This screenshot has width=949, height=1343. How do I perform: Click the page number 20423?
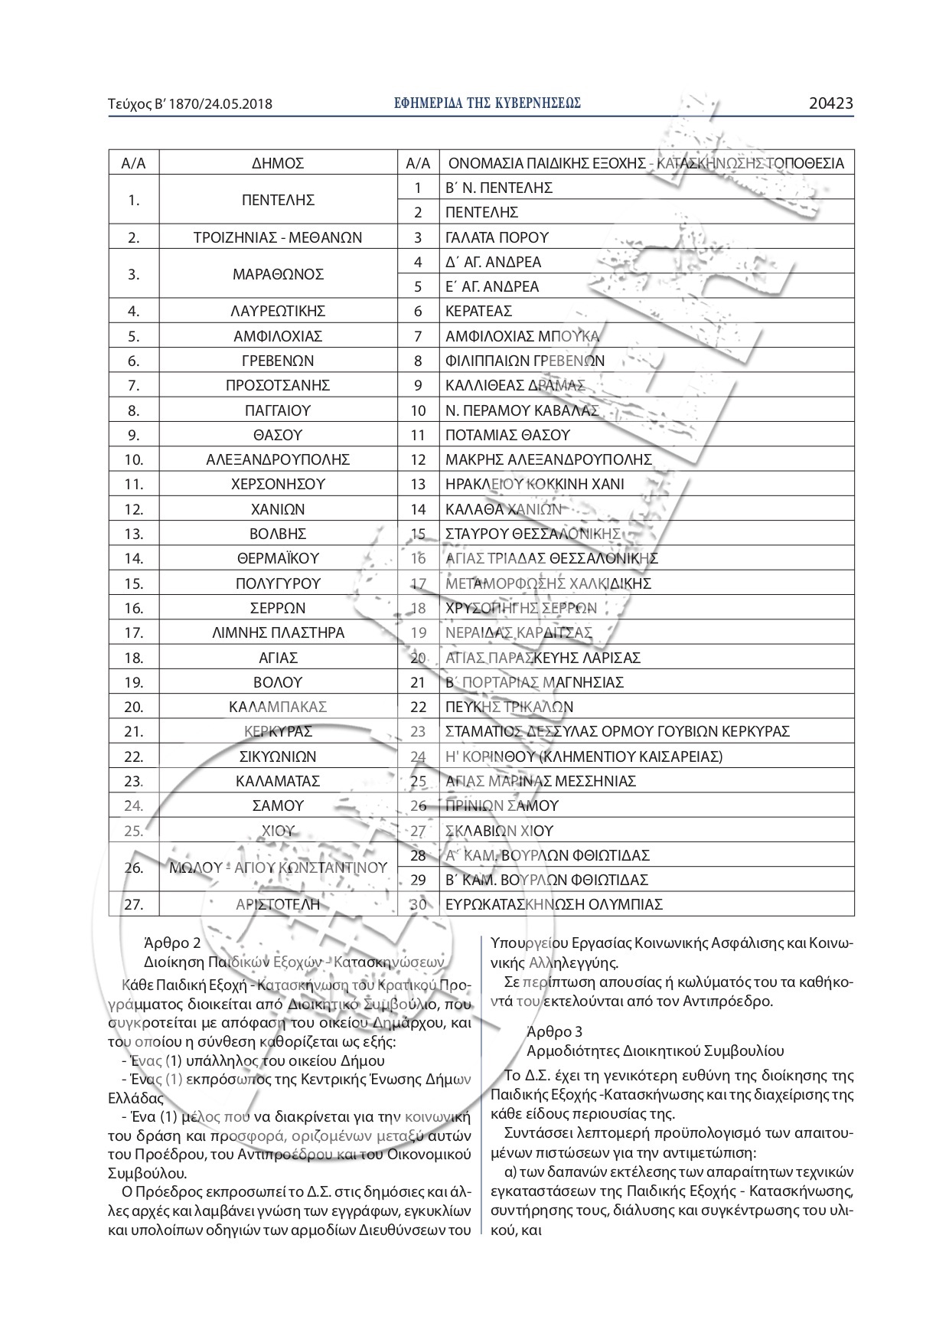830,103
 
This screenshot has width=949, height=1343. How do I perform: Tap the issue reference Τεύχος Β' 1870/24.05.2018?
191,104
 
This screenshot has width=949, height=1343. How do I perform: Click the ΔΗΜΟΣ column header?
278,163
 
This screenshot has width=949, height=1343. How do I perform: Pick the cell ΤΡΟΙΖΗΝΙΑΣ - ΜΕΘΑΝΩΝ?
278,237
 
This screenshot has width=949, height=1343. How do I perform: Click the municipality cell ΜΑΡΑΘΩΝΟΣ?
278,274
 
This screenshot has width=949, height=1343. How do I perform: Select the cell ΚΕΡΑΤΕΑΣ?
478,311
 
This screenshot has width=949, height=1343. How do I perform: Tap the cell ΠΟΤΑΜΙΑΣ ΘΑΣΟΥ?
507,435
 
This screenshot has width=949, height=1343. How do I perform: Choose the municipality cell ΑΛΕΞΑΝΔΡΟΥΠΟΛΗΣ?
278,459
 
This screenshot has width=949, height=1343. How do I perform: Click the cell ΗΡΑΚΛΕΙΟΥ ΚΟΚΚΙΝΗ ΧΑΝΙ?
534,484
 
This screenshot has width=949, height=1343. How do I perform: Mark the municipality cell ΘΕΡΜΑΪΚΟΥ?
278,558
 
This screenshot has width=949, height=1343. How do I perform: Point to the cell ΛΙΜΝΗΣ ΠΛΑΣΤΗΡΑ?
278,632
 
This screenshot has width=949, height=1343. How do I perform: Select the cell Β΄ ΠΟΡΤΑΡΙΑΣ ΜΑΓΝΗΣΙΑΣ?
534,682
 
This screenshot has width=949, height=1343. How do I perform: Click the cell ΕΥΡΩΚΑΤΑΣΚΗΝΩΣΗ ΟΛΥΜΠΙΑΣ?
553,904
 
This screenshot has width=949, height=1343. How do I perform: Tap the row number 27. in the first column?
134,904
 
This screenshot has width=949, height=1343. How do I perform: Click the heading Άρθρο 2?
172,944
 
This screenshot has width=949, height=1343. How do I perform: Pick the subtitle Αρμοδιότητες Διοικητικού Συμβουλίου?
655,1051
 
